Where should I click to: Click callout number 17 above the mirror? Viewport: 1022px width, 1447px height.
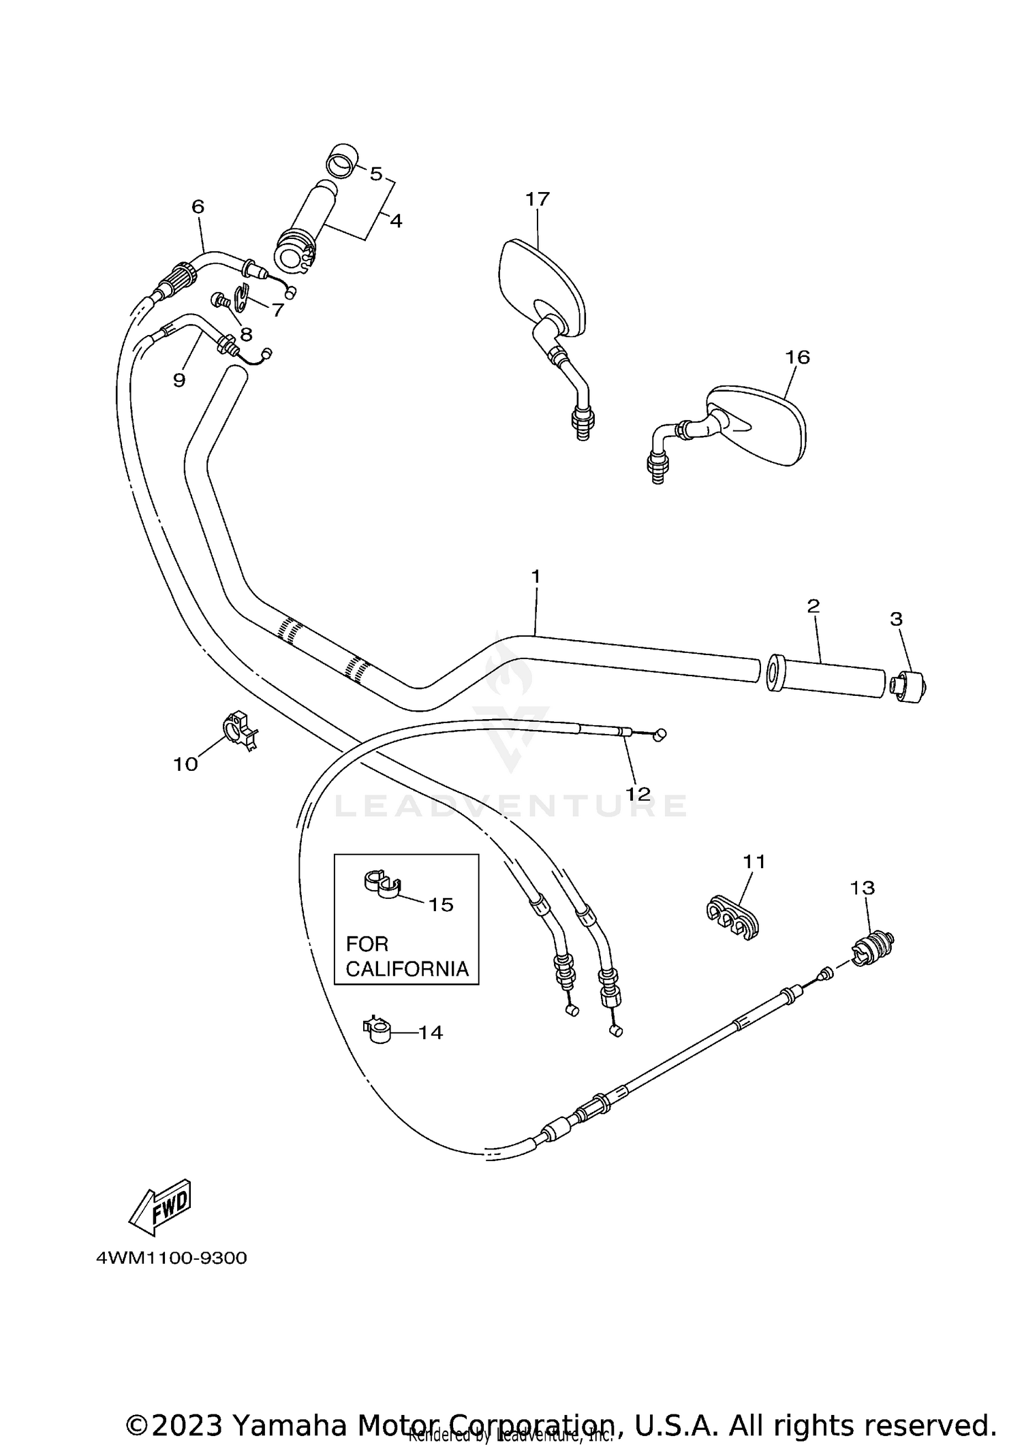tap(537, 200)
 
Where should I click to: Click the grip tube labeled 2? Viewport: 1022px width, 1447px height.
tap(828, 675)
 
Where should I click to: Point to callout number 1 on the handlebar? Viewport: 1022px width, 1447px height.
tap(536, 577)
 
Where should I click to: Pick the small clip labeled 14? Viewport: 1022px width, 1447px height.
tap(378, 1031)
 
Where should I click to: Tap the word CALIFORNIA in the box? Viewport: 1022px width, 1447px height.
tap(407, 969)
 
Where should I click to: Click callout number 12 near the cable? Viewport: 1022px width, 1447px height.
tap(638, 794)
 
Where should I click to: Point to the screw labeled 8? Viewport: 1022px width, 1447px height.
tap(220, 299)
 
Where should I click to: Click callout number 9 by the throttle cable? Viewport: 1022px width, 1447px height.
tap(179, 380)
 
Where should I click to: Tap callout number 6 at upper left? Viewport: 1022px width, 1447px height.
tap(198, 206)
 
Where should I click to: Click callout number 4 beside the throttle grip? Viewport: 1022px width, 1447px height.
tap(396, 221)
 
